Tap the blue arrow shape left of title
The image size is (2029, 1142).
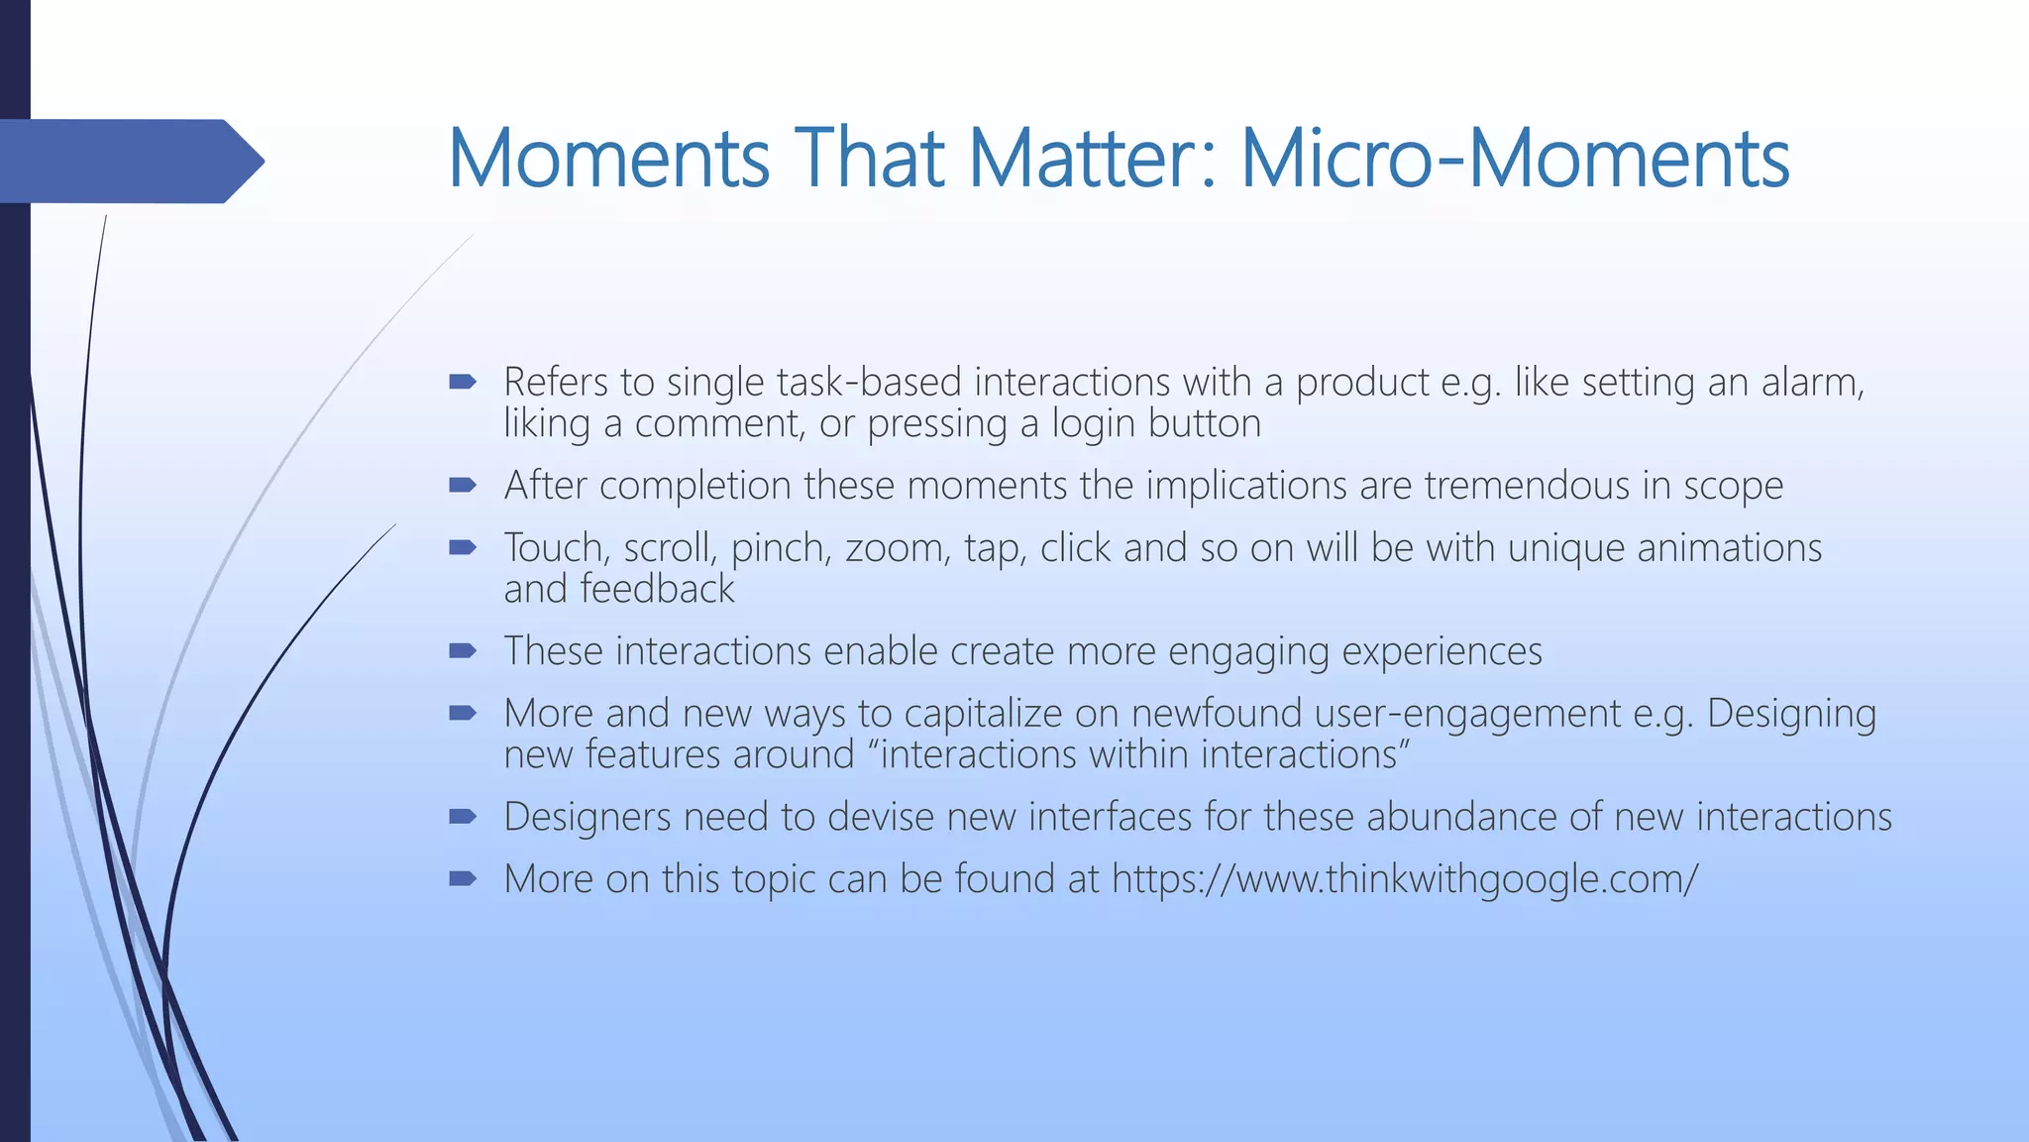click(x=129, y=161)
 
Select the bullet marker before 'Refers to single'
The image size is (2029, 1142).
click(x=463, y=382)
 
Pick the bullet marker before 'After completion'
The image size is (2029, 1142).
click(x=463, y=485)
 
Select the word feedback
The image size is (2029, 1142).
click(x=657, y=590)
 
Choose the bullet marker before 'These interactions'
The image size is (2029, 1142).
click(x=463, y=650)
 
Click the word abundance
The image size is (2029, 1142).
click(x=1460, y=817)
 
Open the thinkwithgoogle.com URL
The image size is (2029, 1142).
click(x=1404, y=879)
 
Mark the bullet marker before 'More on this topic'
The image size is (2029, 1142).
click(x=463, y=878)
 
